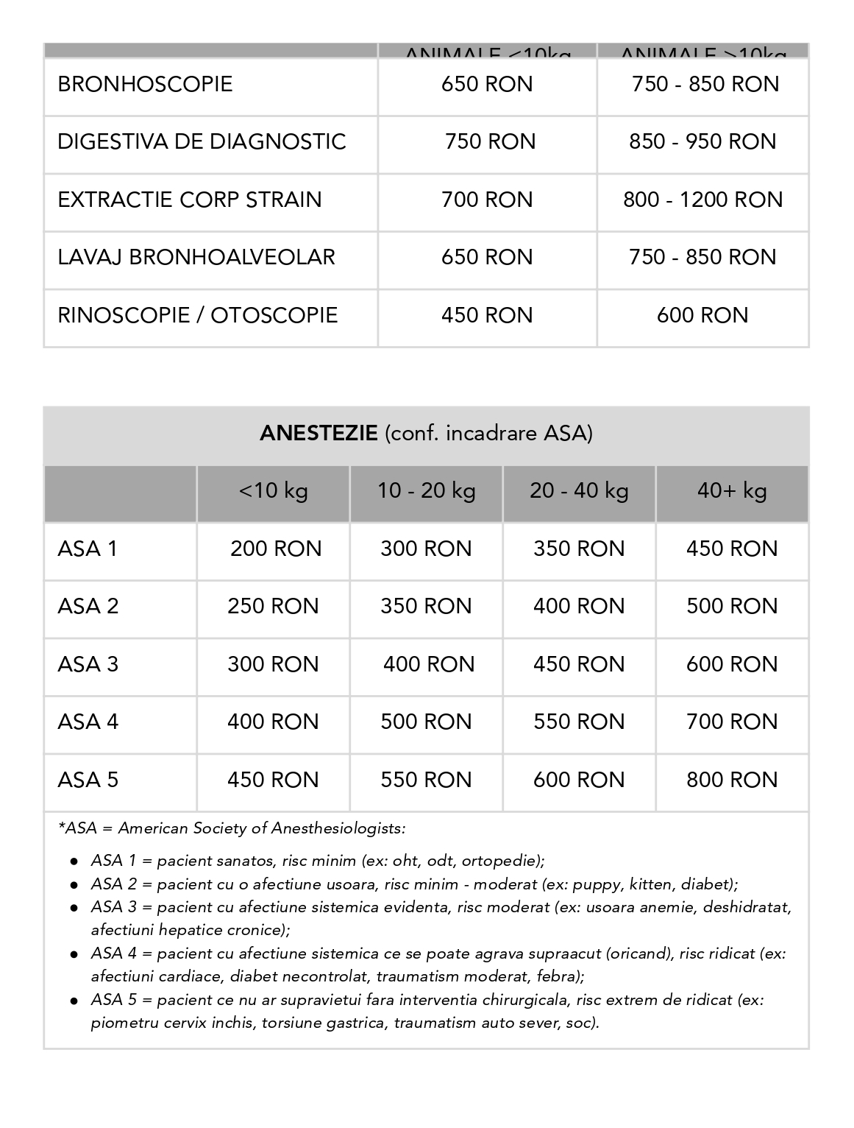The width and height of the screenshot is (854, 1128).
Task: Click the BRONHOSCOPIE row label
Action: pyautogui.click(x=145, y=84)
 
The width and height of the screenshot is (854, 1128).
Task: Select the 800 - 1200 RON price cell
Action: pyautogui.click(x=702, y=200)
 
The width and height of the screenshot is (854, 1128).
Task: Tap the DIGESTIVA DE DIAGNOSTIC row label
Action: pyautogui.click(x=202, y=141)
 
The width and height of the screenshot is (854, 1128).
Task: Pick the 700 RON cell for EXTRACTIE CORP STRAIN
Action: pyautogui.click(x=487, y=200)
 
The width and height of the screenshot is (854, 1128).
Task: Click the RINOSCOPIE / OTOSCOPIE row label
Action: pyautogui.click(x=197, y=315)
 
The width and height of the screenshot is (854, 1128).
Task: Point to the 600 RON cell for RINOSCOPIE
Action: pyautogui.click(x=702, y=315)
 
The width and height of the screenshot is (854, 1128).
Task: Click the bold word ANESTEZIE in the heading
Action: pyautogui.click(x=319, y=433)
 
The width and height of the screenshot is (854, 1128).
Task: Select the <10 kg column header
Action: pyautogui.click(x=273, y=491)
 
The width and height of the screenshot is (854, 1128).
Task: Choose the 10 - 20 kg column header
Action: pyautogui.click(x=427, y=491)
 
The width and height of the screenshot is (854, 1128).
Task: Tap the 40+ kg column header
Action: pyautogui.click(x=732, y=491)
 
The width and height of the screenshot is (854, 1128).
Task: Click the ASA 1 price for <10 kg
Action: pyautogui.click(x=276, y=549)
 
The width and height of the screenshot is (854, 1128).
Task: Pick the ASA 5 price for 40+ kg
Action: pyautogui.click(x=732, y=780)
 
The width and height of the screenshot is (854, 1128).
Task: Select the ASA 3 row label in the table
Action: pyautogui.click(x=88, y=664)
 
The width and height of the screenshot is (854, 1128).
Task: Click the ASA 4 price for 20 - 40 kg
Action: pyautogui.click(x=579, y=722)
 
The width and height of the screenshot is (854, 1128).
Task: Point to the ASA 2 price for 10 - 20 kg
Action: pyautogui.click(x=426, y=606)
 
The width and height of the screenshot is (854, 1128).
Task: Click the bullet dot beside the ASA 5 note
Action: pyautogui.click(x=74, y=1001)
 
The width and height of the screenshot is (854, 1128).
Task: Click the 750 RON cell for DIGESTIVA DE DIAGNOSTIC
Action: pyautogui.click(x=490, y=141)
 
